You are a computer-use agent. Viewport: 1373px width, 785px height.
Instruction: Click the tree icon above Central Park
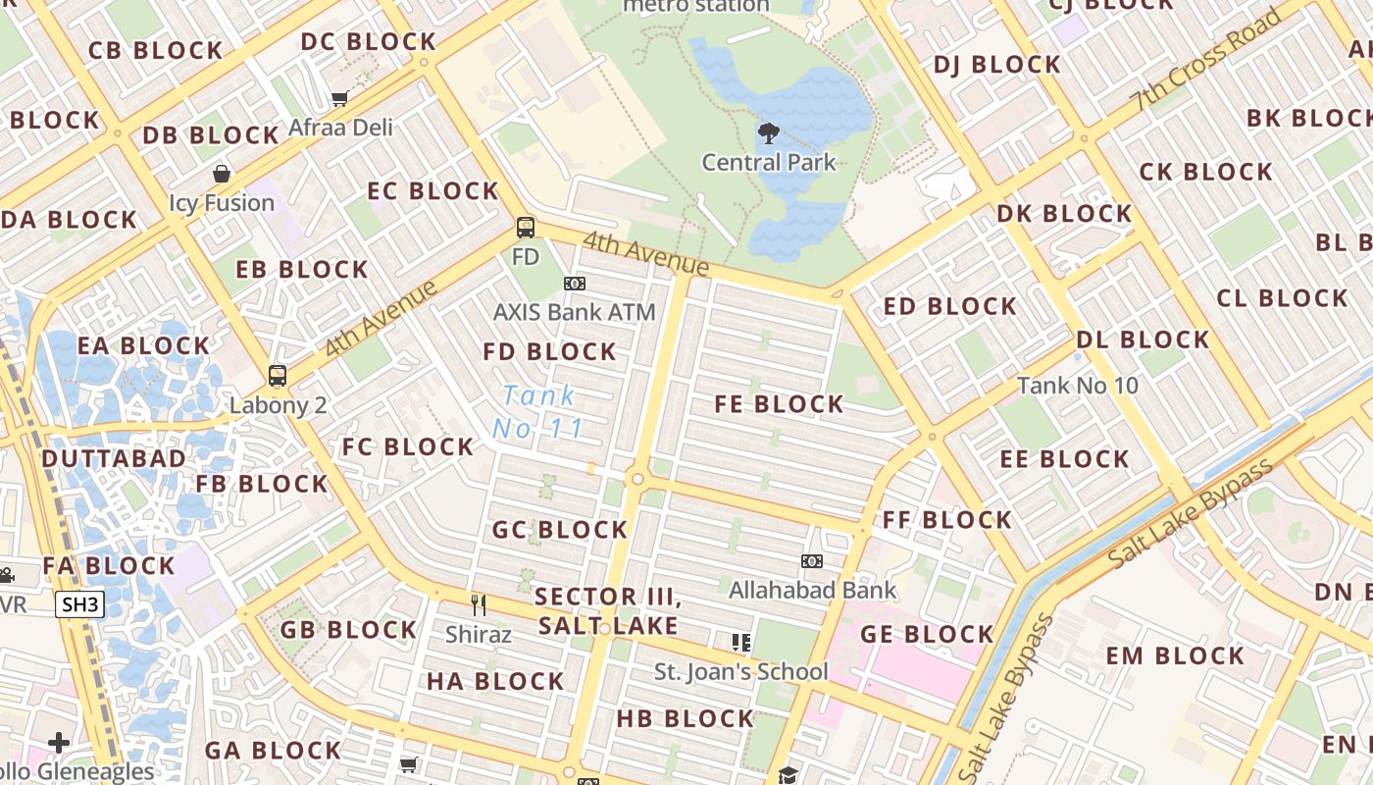point(769,132)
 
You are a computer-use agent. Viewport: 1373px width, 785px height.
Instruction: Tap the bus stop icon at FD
point(526,228)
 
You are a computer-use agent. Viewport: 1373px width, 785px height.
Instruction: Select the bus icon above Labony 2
point(278,376)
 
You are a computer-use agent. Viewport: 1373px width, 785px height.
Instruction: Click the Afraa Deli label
point(340,128)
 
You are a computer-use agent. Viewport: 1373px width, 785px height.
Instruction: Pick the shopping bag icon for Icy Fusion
point(222,174)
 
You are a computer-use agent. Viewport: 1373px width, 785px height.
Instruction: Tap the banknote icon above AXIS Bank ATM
point(575,284)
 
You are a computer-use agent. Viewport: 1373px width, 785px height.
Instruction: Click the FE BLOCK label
point(779,404)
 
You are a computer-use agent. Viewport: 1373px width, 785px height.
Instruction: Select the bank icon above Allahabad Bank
point(811,561)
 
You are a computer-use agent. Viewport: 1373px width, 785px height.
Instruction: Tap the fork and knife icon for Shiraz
point(479,604)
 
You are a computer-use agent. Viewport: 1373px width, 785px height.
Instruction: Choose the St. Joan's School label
point(741,672)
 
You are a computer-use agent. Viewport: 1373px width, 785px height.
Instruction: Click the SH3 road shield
point(79,604)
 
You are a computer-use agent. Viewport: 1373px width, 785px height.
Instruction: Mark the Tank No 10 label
point(1078,386)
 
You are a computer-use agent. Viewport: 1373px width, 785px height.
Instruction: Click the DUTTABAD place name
point(114,459)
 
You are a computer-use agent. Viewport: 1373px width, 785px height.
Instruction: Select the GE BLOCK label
point(927,635)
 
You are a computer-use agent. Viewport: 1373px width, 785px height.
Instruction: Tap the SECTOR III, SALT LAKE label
point(608,611)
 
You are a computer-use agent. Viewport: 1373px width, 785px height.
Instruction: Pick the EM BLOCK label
point(1175,656)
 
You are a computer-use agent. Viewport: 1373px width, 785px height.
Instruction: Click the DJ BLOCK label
point(996,66)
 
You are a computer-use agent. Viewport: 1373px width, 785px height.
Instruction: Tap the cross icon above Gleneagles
point(59,743)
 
